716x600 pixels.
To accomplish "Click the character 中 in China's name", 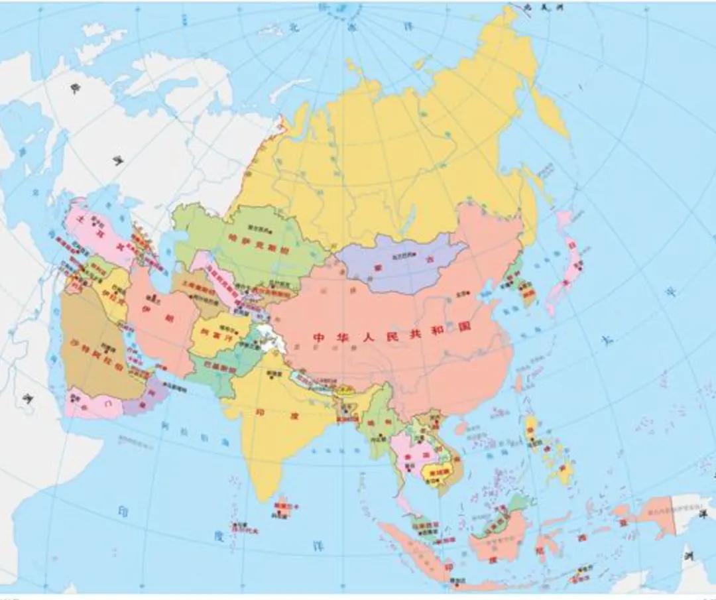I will coord(319,337).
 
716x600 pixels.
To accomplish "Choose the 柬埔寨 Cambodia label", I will coord(433,473).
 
